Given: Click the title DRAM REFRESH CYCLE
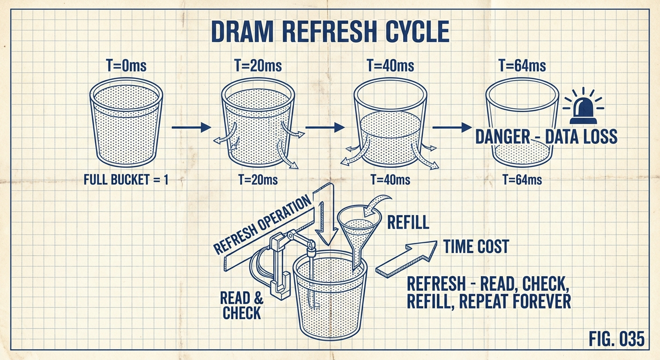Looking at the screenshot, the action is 330,31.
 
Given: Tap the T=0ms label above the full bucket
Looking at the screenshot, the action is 126,66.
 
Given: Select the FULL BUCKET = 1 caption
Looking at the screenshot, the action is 126,180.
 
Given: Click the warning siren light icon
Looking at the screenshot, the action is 583,106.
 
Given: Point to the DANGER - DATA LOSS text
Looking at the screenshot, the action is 546,136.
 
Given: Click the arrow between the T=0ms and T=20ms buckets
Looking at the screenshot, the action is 192,127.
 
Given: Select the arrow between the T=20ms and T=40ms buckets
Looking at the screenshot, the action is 325,127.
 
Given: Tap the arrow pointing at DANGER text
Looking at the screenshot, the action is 452,127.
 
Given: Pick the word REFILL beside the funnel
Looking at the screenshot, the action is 408,222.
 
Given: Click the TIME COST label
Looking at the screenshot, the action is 476,246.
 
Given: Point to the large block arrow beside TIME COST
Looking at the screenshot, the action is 406,259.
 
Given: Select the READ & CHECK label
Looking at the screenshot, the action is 241,306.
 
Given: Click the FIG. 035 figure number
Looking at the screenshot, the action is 616,339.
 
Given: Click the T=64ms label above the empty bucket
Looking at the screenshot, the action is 522,66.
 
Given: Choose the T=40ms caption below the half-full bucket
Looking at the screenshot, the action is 390,180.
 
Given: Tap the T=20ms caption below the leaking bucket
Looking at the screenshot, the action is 258,180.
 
